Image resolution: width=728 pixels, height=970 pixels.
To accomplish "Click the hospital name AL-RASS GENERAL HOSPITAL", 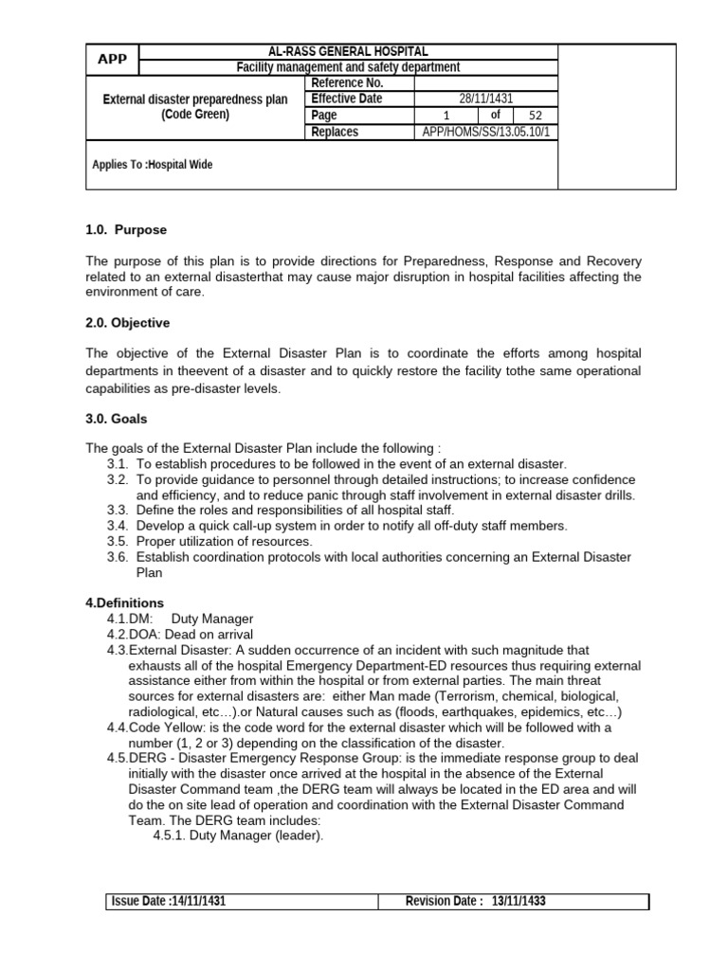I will point(348,51).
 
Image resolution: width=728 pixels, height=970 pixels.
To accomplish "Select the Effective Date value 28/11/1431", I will point(484,99).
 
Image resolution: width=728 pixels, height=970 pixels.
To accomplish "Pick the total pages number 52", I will point(536,116).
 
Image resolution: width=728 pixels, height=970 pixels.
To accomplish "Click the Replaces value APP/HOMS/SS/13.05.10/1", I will point(484,132).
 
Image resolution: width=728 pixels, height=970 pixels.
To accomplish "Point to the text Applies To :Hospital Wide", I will point(153,165).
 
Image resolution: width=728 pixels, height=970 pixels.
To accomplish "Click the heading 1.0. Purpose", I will point(126,230).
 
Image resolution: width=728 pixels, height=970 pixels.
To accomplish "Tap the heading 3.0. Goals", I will point(117,418).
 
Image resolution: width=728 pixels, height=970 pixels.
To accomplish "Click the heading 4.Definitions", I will point(125,603).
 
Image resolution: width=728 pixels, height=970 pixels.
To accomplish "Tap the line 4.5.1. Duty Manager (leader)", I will point(238,835).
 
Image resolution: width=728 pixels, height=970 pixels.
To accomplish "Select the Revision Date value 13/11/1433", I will point(519,902).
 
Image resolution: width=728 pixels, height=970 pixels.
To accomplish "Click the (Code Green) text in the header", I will point(194,115).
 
